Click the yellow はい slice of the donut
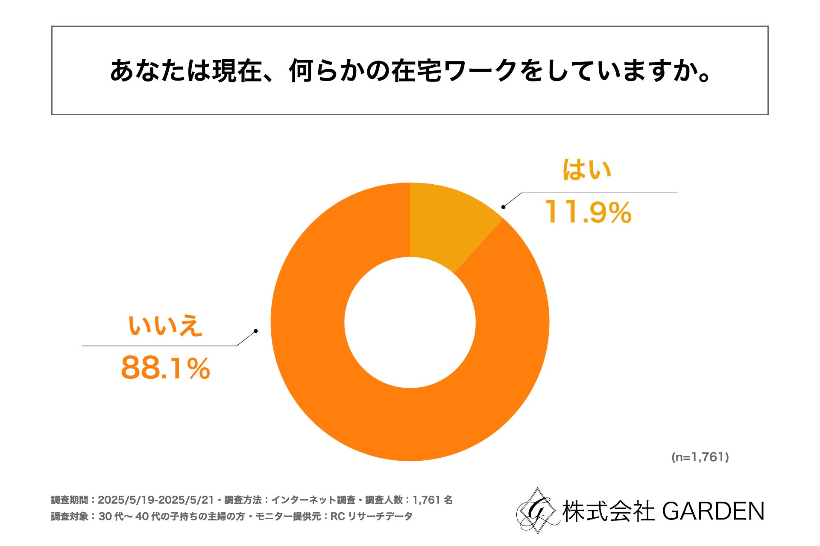coord(448,222)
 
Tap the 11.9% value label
coord(588,212)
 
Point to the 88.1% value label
coord(166,368)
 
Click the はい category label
coord(587,170)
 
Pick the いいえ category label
coord(165,326)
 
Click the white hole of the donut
coord(410,322)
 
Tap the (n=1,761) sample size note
coord(700,457)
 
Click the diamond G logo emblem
coord(537,511)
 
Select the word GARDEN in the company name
coord(713,511)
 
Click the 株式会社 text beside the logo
coord(608,511)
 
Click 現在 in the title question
coord(236,71)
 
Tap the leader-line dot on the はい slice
coord(504,207)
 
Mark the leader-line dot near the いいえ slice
coord(255,331)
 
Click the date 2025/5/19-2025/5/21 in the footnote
coord(155,500)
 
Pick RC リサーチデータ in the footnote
coord(371,516)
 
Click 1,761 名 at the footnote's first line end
coord(432,500)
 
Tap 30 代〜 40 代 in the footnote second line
coord(124,516)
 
